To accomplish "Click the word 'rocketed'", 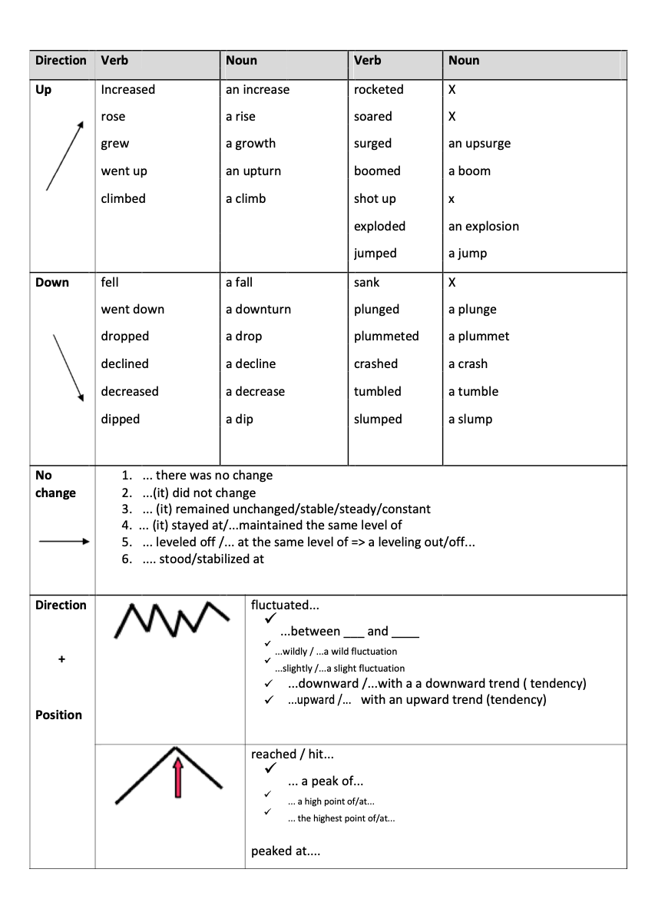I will tap(379, 90).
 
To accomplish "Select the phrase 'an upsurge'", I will tap(479, 144).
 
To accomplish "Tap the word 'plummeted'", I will tap(386, 337).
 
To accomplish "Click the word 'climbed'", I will tap(123, 199).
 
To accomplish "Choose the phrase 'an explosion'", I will tap(483, 227).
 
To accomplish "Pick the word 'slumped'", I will tap(378, 420).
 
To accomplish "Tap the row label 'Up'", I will tap(44, 90).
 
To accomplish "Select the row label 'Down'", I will tap(52, 283).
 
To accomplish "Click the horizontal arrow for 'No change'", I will tap(64, 542).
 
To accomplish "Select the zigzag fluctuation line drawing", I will tap(171, 618).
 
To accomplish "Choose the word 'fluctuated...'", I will tap(285, 605).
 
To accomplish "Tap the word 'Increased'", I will tap(127, 90).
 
